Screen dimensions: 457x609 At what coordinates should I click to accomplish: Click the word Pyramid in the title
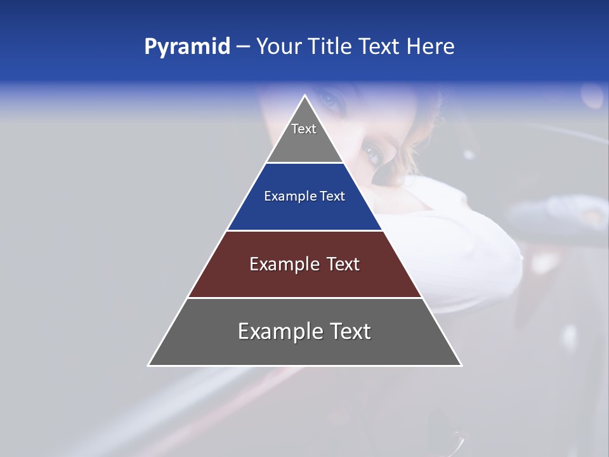tap(187, 47)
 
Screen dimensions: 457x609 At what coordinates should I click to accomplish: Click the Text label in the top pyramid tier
tap(304, 129)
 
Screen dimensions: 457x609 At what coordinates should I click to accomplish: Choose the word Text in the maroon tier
tap(343, 264)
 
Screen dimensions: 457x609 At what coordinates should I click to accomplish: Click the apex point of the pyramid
tap(305, 96)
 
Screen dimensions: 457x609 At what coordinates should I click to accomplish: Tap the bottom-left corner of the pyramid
tap(148, 365)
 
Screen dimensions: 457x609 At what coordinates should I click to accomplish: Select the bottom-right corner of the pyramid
tap(461, 365)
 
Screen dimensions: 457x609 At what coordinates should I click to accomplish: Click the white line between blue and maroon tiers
tap(304, 230)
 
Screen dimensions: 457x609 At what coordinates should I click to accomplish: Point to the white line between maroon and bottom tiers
tap(304, 298)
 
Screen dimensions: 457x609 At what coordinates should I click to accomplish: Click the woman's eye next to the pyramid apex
tap(329, 100)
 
